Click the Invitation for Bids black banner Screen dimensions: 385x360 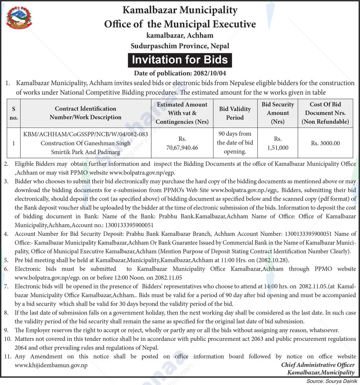180,60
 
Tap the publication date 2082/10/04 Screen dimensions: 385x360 209,73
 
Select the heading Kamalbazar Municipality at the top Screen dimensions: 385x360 180,10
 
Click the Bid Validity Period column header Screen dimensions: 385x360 235,113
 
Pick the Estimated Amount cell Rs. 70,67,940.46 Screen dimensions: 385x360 182,143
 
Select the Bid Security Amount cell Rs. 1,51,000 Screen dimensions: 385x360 277,143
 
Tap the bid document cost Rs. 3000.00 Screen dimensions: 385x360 325,143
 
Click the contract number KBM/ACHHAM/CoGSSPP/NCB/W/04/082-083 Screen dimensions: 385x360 86,134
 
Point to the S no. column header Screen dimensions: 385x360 14,113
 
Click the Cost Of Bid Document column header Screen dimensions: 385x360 325,113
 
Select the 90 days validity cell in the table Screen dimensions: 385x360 235,143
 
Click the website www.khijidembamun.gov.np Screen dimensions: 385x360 51,365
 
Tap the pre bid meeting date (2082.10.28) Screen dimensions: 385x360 272,260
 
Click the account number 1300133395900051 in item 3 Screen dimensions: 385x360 129,225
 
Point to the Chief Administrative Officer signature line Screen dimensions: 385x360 318,365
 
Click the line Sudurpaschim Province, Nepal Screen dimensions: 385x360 180,46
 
